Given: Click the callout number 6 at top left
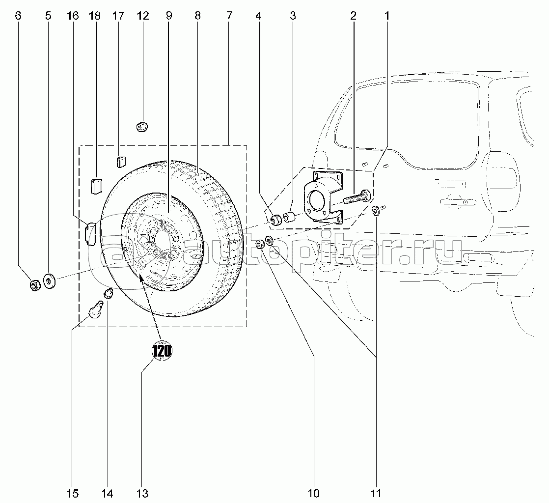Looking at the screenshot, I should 18,16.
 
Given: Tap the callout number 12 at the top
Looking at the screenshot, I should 143,16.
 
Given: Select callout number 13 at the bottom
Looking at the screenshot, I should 142,493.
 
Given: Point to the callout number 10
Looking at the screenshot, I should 313,493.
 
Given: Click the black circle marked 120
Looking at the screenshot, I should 162,351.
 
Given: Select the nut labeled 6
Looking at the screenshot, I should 35,285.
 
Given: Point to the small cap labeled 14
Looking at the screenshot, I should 108,294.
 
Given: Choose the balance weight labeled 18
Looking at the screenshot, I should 95,186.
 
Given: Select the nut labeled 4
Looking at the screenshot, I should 275,218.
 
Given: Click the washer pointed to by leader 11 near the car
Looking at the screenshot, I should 376,211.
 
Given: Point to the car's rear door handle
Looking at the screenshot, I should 454,200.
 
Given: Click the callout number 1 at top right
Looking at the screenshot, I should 387,16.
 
